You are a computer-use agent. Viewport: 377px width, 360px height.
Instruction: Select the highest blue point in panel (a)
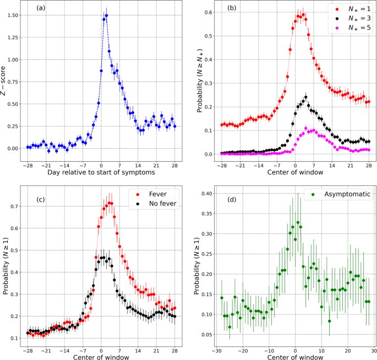[x=106, y=16]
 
